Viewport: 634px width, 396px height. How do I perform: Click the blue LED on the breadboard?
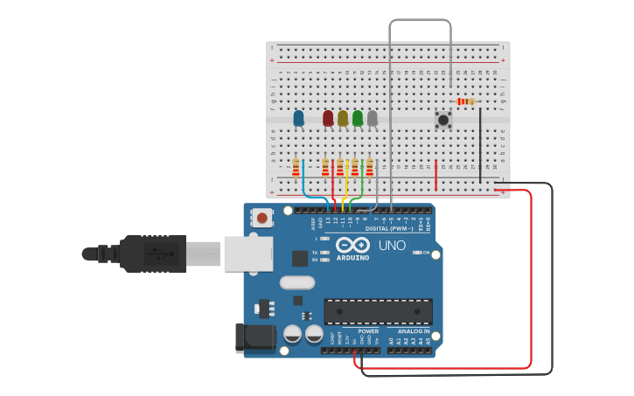click(298, 117)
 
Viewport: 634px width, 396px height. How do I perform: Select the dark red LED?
click(328, 117)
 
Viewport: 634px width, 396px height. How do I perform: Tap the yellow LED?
click(343, 117)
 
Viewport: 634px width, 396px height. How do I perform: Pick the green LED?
click(358, 117)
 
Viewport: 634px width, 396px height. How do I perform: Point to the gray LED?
click(373, 117)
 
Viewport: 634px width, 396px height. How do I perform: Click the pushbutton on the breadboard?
click(443, 120)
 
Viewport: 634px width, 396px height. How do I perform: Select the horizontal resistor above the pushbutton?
click(466, 101)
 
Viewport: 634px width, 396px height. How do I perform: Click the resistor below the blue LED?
click(296, 167)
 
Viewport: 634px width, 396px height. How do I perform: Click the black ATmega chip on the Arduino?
click(378, 311)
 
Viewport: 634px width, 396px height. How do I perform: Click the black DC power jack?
click(254, 338)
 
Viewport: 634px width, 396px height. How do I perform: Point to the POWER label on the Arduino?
click(368, 331)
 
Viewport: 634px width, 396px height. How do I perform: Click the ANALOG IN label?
click(413, 331)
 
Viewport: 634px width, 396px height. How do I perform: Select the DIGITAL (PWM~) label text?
click(388, 228)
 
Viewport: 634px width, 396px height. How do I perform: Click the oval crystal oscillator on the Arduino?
click(297, 282)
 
